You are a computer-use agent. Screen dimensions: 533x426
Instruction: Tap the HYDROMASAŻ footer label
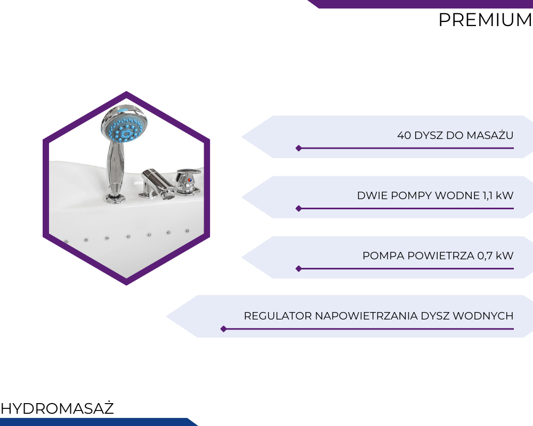pos(57,408)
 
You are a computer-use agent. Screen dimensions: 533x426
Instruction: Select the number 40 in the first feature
pos(404,135)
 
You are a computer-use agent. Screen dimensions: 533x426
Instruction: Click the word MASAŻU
pos(490,135)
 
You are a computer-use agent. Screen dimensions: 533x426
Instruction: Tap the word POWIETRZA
pos(441,256)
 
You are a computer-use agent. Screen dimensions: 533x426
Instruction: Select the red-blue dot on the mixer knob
pos(189,180)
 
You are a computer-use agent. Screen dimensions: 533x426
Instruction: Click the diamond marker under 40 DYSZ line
pos(299,148)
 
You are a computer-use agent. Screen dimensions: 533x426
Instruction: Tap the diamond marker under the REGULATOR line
pos(224,329)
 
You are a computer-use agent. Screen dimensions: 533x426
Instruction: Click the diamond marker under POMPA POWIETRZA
pos(299,269)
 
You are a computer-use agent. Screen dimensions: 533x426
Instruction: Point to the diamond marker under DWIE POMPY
pos(299,209)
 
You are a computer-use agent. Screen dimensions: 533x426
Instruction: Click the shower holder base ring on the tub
pos(115,199)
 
